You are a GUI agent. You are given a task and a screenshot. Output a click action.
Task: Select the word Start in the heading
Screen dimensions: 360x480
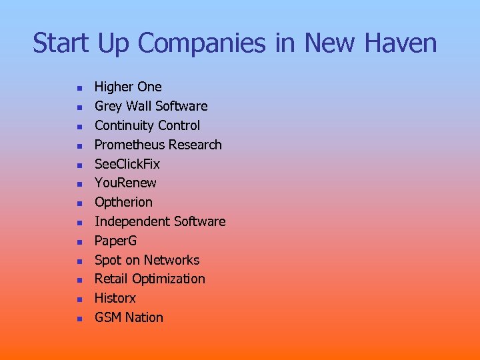click(61, 44)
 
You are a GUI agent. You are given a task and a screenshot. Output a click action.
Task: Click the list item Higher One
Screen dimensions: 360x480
click(128, 87)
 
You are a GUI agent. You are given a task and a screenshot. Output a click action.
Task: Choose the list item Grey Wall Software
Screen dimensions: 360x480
click(151, 106)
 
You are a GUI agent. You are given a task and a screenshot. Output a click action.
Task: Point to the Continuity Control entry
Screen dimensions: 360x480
click(147, 125)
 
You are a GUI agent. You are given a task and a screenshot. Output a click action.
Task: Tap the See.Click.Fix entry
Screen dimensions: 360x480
click(127, 164)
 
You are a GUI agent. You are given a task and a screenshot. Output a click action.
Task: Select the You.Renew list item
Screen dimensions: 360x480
click(125, 183)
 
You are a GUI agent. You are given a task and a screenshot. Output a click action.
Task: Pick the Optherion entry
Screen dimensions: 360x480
click(123, 202)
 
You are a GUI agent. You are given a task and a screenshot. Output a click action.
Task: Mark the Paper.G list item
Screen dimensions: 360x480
click(115, 241)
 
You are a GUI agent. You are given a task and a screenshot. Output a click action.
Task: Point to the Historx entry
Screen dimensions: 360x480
click(115, 298)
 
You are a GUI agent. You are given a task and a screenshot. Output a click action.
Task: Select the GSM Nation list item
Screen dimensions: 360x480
click(129, 317)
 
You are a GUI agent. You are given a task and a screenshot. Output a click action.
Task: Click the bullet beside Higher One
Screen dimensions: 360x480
click(78, 88)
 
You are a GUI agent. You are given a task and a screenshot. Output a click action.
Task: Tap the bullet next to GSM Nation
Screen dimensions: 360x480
click(78, 319)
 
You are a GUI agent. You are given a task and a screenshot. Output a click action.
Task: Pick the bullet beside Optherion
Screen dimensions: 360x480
click(78, 203)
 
